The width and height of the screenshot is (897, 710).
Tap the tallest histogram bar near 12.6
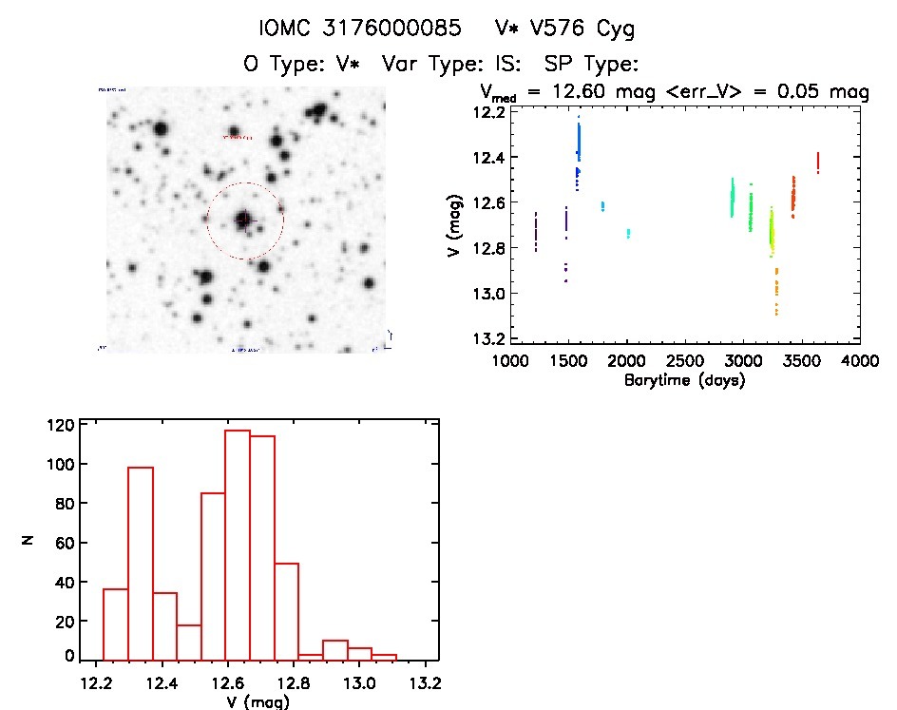coord(238,545)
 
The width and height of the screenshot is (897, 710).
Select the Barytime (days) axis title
coord(683,381)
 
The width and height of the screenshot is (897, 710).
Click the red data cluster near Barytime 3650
coord(818,163)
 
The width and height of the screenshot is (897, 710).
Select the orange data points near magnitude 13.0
coord(776,291)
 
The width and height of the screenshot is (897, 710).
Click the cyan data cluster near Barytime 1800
coord(602,205)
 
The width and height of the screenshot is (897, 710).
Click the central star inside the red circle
coord(244,219)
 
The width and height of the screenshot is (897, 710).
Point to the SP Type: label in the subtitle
coord(590,65)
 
